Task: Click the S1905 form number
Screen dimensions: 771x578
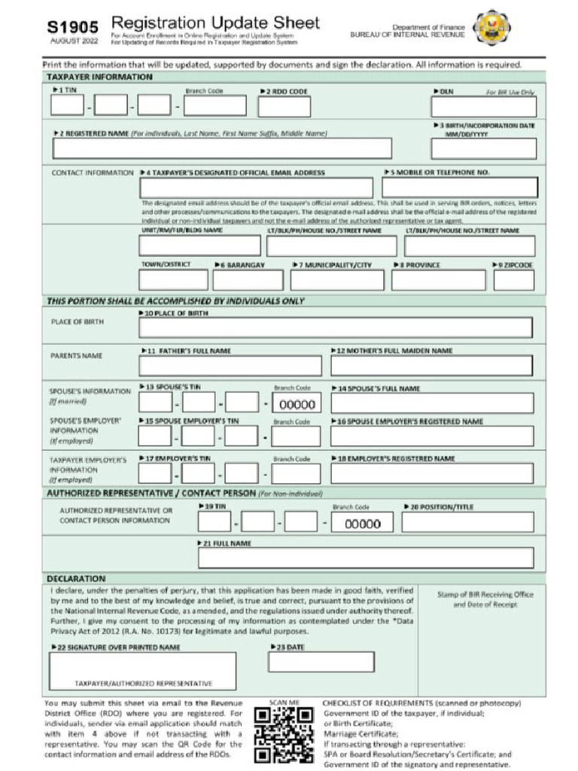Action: (72, 26)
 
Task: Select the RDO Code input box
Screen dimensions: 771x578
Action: (284, 106)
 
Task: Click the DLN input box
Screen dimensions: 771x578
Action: (483, 106)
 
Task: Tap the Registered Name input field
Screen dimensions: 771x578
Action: (221, 148)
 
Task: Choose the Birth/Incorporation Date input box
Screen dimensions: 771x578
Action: (483, 148)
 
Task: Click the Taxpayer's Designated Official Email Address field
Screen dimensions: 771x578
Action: (256, 187)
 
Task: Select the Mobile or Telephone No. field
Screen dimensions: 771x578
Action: (459, 187)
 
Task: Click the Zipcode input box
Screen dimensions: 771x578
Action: (514, 280)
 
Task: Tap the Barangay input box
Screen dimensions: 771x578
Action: (248, 280)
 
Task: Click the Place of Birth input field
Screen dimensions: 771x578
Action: (336, 328)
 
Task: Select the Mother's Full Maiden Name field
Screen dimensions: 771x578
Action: (431, 366)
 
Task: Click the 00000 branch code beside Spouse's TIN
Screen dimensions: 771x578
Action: (296, 404)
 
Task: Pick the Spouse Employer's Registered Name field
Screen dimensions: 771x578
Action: (431, 436)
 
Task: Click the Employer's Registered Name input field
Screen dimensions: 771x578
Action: (431, 474)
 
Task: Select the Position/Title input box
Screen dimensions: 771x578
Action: (468, 523)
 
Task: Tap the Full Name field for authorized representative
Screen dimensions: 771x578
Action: (366, 558)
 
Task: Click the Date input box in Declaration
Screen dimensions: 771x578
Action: (321, 662)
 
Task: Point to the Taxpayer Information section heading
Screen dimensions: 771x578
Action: (99, 77)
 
